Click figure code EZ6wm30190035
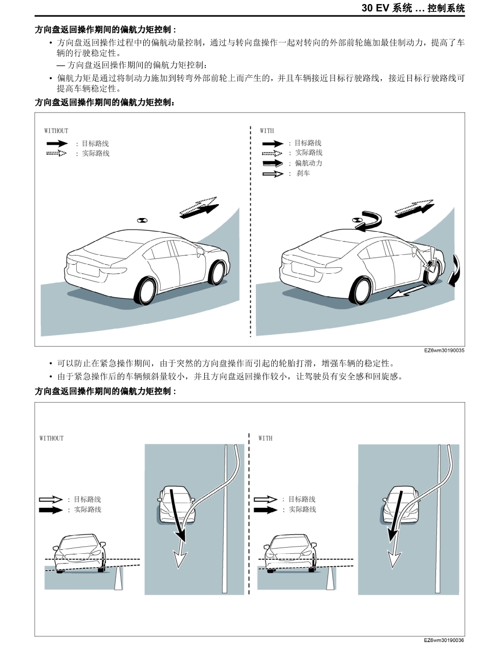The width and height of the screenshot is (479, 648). coord(444,351)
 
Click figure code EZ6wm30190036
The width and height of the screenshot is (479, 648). coord(444,641)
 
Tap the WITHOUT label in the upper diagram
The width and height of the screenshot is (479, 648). coord(56,131)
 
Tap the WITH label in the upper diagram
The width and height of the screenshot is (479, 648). coord(267,131)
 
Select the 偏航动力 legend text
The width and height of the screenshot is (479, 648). coord(309,163)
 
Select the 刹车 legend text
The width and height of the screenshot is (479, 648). coord(303,174)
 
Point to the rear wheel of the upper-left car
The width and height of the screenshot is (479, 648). coord(145,291)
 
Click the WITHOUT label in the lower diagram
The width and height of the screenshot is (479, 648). coord(52,438)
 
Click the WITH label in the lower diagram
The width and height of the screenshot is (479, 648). coord(266,438)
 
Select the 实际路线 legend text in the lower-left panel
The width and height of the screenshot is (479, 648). coord(88,510)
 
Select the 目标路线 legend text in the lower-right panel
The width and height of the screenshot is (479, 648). coord(301,499)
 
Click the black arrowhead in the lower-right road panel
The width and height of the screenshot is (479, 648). coord(391,534)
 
